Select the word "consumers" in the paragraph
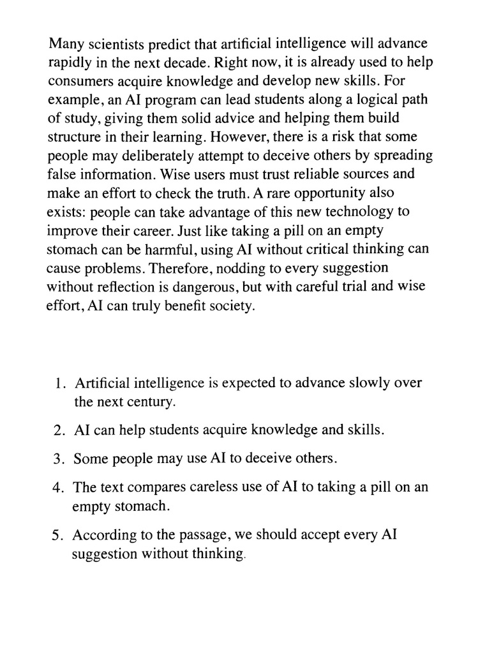point(78,82)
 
